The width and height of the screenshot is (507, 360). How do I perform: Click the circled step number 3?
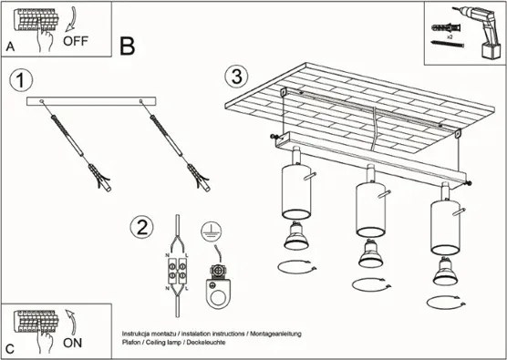tap(237, 75)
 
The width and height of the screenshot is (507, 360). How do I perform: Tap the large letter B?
tap(127, 45)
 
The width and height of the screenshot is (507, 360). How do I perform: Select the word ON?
tap(74, 344)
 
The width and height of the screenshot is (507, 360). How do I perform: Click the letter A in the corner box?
tap(10, 46)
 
